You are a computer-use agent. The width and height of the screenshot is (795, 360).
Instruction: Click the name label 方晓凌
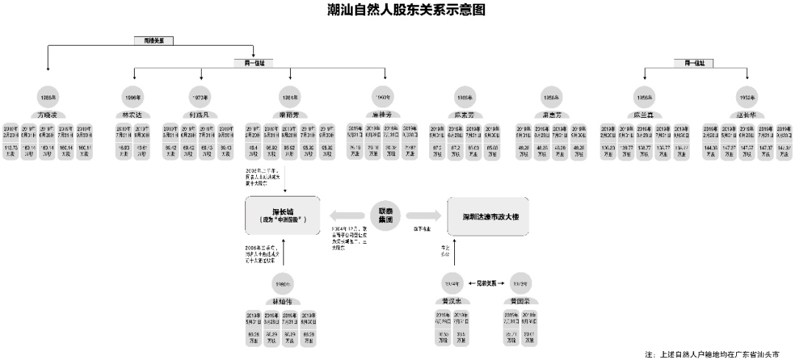(x=47, y=115)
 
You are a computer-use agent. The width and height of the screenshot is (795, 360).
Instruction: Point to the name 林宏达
(x=133, y=115)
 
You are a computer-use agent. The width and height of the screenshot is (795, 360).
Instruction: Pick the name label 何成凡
(x=201, y=115)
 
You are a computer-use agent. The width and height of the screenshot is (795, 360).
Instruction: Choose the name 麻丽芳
(x=289, y=115)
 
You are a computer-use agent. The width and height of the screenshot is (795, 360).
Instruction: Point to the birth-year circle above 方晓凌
(x=47, y=97)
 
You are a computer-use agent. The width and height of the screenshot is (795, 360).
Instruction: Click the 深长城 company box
(x=283, y=216)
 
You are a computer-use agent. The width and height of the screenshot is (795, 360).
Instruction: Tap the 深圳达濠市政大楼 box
(x=487, y=216)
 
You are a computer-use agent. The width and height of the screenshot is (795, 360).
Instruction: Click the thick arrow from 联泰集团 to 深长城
(x=346, y=216)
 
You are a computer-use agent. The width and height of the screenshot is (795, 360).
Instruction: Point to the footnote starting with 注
(x=710, y=354)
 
